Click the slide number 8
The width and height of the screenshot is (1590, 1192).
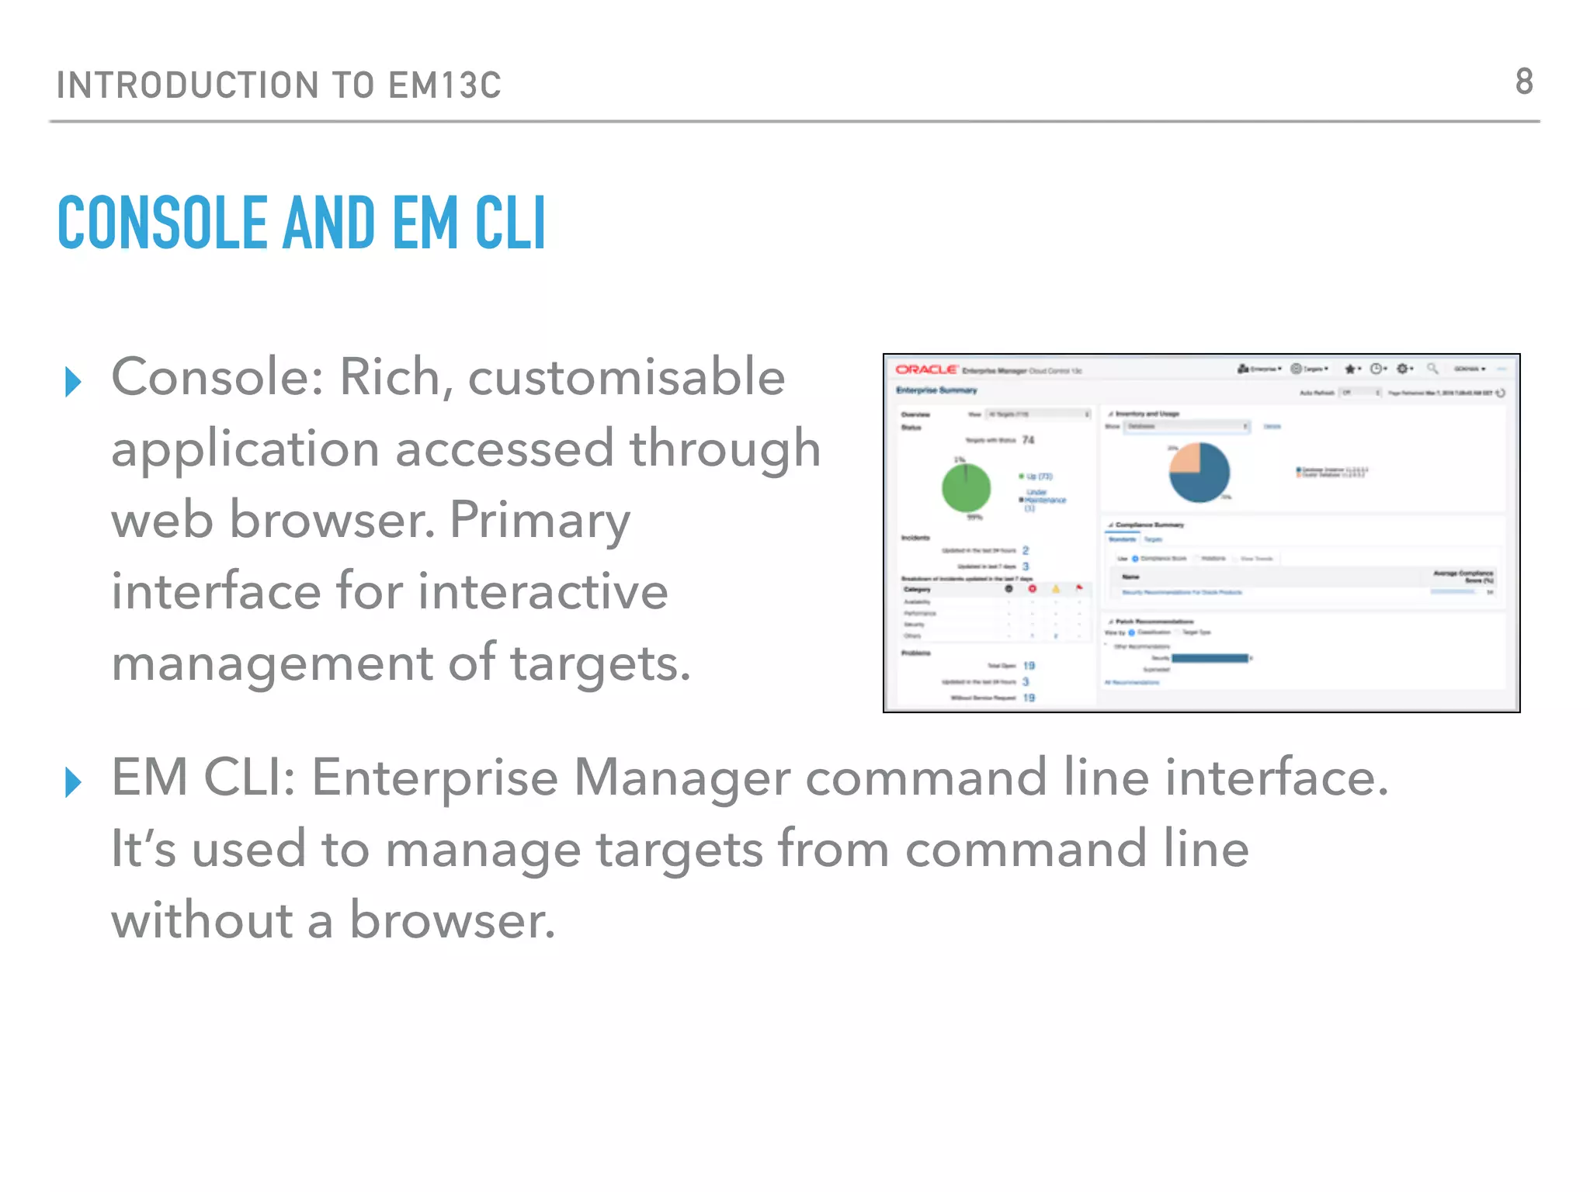[1524, 82]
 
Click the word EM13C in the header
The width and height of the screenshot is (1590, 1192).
[445, 85]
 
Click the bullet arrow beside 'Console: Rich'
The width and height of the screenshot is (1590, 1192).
[74, 382]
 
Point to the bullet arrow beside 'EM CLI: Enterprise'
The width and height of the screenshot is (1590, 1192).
[74, 781]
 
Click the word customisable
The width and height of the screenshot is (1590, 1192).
[627, 378]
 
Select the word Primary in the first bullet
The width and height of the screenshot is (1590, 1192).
[540, 521]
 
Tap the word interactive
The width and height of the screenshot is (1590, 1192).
[543, 591]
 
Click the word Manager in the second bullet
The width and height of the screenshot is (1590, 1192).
[682, 778]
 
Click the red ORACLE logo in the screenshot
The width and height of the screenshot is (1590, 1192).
[925, 369]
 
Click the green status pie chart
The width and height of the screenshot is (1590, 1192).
[966, 487]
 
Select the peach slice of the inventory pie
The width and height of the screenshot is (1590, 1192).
[1185, 459]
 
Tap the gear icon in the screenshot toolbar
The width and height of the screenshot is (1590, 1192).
[1402, 369]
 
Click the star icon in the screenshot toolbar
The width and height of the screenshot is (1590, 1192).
[1350, 369]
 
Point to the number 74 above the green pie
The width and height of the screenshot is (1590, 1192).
[1028, 440]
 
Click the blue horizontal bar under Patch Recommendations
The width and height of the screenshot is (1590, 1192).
[1210, 658]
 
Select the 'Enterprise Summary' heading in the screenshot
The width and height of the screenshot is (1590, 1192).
[936, 390]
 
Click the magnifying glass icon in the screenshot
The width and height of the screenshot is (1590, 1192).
[1432, 369]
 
